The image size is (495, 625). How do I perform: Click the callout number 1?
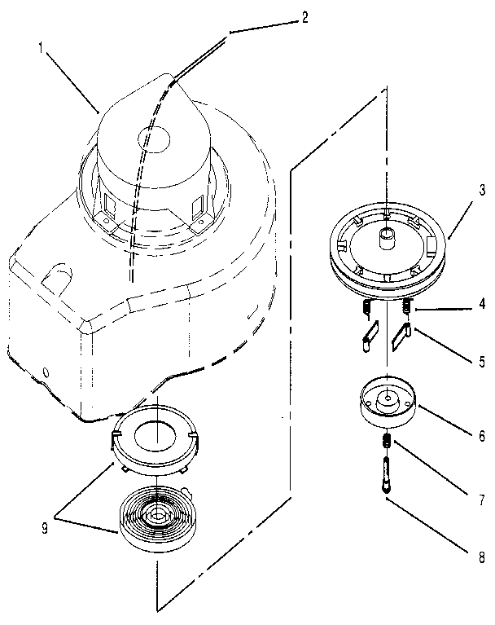(40, 48)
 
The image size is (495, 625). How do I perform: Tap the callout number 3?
(481, 190)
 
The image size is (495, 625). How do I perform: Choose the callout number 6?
(481, 436)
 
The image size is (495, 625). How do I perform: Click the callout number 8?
(481, 560)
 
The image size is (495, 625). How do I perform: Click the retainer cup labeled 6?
(388, 405)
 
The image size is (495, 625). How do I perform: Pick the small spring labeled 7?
(387, 443)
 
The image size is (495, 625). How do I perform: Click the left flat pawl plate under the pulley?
(370, 337)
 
